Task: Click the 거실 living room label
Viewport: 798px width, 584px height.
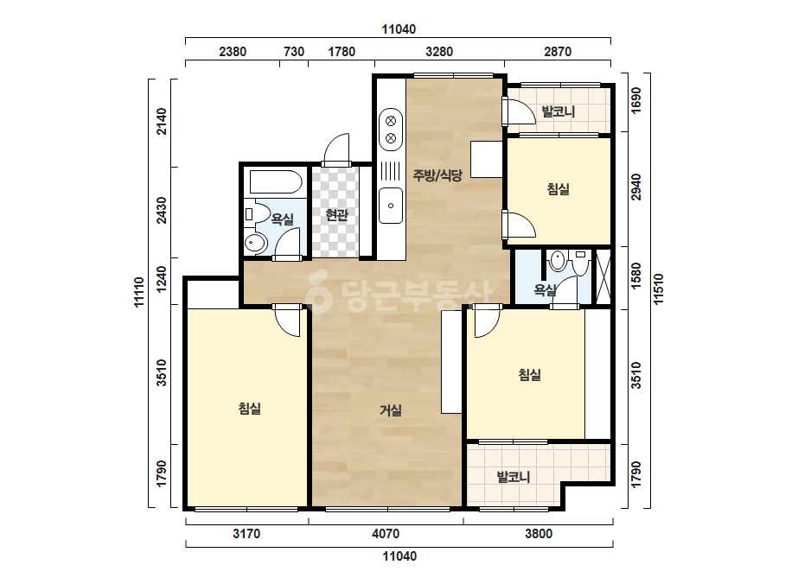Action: tap(390, 410)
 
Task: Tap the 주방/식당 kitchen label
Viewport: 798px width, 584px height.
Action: tap(437, 175)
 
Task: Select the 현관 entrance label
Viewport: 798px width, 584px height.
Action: tap(336, 215)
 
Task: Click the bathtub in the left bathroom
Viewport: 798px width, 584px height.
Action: tap(274, 182)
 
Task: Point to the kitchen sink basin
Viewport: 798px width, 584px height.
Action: tap(390, 206)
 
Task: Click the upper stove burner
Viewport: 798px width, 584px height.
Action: tap(391, 121)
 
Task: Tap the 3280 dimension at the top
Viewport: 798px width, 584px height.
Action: tap(439, 51)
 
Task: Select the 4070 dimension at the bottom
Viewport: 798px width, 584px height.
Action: tap(386, 534)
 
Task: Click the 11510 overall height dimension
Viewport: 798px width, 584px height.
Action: tap(659, 289)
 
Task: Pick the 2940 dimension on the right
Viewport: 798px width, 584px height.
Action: tap(636, 187)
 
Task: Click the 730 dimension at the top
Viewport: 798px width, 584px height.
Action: tap(294, 51)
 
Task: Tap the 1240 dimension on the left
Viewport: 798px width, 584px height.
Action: tap(162, 279)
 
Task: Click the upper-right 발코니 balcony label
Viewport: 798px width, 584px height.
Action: tap(558, 111)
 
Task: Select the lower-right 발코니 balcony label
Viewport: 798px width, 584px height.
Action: tap(514, 477)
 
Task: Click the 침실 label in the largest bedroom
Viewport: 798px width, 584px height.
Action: tap(249, 408)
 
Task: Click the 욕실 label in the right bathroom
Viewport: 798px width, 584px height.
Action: tap(545, 290)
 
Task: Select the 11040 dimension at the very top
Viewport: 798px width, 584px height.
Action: tap(399, 29)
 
